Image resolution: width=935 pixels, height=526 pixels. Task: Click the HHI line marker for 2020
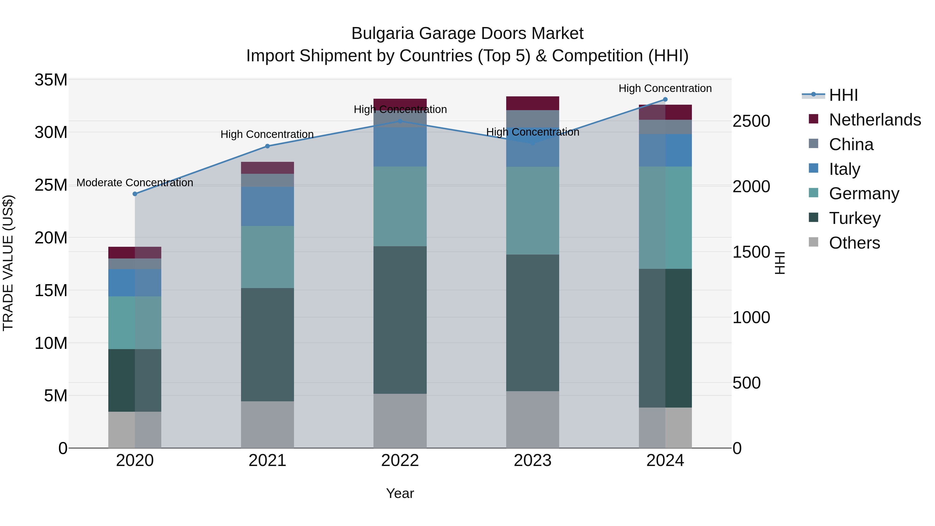pos(135,194)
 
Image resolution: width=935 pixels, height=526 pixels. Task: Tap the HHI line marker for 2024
pos(665,99)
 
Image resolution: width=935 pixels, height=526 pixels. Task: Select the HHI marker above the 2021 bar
pos(268,146)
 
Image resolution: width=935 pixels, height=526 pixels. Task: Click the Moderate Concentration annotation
pos(135,183)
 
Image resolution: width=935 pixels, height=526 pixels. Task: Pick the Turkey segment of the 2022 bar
pos(400,319)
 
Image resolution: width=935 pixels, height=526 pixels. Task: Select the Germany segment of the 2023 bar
pos(532,211)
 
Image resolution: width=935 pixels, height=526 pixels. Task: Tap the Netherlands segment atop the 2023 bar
pos(532,103)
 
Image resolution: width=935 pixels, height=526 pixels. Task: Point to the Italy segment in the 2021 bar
pos(268,206)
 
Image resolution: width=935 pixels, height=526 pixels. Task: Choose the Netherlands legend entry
pos(875,120)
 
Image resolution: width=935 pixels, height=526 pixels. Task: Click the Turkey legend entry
pos(854,218)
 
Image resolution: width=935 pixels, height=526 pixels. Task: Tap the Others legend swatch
pos(813,242)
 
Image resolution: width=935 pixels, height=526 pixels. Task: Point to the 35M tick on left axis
pos(51,80)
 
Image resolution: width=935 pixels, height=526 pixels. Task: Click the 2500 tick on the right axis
pos(751,121)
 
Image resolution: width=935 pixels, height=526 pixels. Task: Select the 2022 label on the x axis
pos(400,461)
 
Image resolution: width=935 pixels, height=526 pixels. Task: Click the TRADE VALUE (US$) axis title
pos(8,263)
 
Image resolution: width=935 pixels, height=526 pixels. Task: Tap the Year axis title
pos(400,493)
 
